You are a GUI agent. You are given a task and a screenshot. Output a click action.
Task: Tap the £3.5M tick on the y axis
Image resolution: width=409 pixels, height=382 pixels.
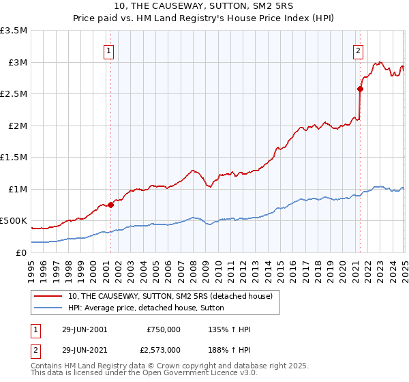coord(14,31)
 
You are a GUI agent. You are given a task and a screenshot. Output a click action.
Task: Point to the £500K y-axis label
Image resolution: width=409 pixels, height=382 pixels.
coord(14,221)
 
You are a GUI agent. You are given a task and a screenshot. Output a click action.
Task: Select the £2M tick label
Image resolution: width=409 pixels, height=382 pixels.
coord(16,126)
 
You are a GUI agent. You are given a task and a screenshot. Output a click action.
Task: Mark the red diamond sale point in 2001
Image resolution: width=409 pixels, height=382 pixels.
coord(110,205)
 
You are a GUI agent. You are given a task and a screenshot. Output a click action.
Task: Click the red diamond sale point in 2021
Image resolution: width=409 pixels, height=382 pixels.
coord(360,88)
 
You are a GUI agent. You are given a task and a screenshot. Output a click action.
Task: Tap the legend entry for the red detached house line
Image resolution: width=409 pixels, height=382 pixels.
coord(170,296)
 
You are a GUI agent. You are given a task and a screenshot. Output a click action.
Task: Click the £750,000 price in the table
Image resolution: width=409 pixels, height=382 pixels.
coord(164,329)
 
